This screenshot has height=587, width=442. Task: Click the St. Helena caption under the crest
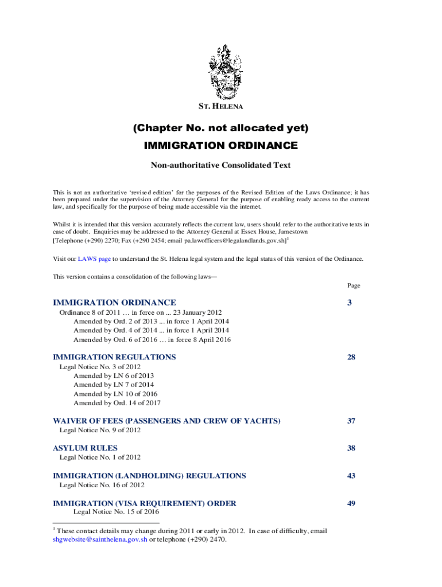tap(220, 107)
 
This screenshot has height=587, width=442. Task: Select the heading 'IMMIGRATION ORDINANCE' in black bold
tap(220, 146)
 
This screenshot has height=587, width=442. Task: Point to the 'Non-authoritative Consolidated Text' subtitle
tap(220, 165)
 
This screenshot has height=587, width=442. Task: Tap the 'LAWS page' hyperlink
tap(94, 259)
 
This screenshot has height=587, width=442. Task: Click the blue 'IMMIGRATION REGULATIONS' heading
tap(114, 357)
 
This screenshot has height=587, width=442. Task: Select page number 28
tap(351, 357)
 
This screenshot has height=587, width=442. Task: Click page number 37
tap(351, 421)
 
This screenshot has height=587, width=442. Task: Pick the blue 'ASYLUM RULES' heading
tap(85, 448)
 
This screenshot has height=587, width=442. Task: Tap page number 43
tap(351, 476)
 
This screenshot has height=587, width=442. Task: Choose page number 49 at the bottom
tap(351, 504)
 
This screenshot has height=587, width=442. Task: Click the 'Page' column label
tap(353, 285)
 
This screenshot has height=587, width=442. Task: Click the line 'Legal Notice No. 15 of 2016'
tap(116, 511)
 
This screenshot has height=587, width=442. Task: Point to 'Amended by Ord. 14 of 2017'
tap(117, 403)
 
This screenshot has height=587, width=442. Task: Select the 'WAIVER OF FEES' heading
tap(166, 421)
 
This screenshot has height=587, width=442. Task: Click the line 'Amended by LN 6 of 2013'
tap(114, 375)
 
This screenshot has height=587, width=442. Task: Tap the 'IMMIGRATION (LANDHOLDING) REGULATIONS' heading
tap(149, 476)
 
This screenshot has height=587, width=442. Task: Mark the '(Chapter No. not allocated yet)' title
tap(220, 128)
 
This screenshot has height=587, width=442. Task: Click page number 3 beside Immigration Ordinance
tap(349, 303)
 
